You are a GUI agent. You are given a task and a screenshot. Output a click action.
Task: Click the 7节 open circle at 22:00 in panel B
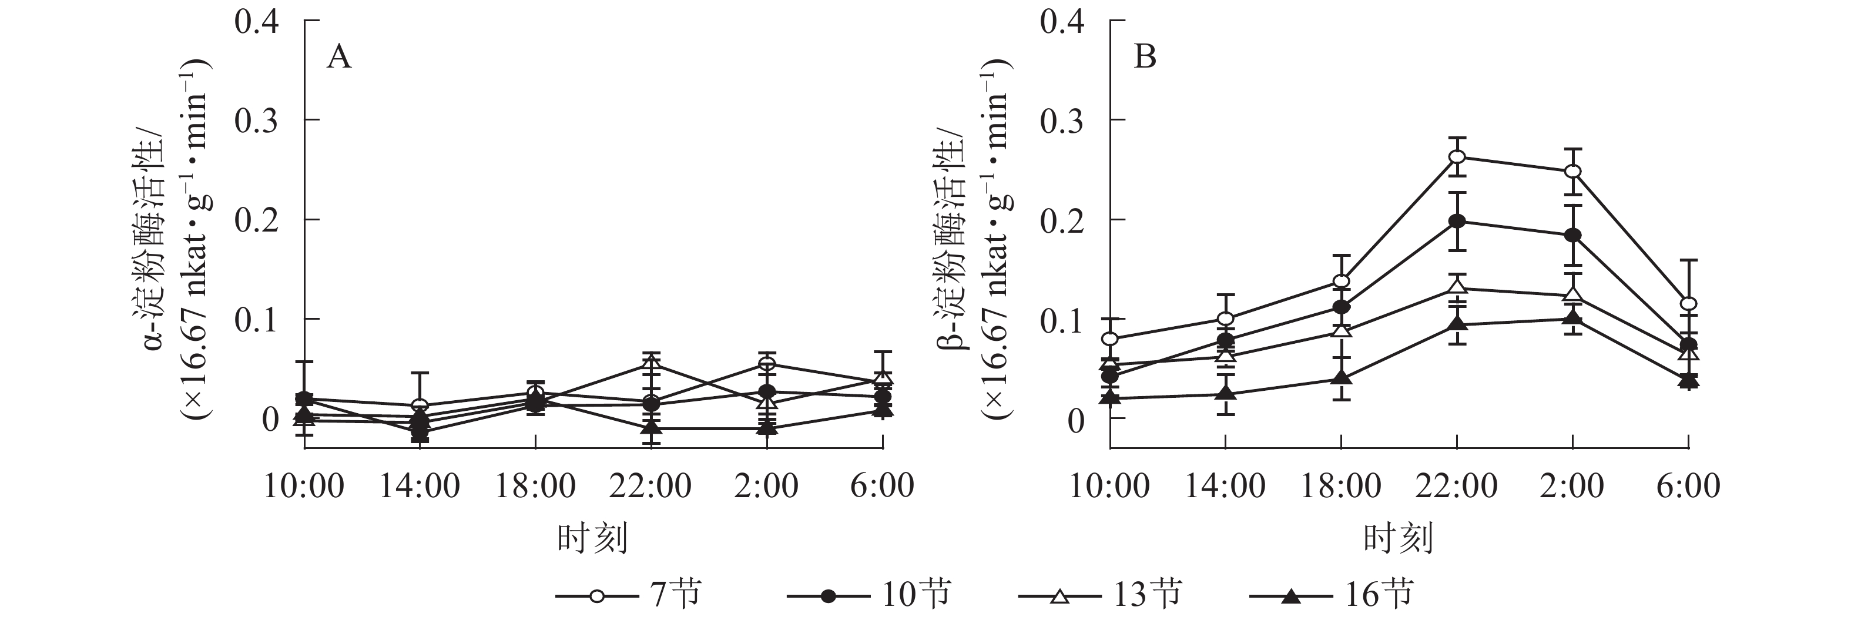pyautogui.click(x=1457, y=157)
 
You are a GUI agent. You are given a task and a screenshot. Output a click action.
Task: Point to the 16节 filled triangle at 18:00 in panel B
pyautogui.click(x=1341, y=378)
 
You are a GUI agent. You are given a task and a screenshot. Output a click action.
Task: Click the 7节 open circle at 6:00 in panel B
pyautogui.click(x=1689, y=303)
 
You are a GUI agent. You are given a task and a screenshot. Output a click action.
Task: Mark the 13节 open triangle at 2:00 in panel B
pyautogui.click(x=1573, y=294)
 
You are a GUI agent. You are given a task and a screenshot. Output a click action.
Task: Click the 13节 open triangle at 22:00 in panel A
pyautogui.click(x=651, y=364)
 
